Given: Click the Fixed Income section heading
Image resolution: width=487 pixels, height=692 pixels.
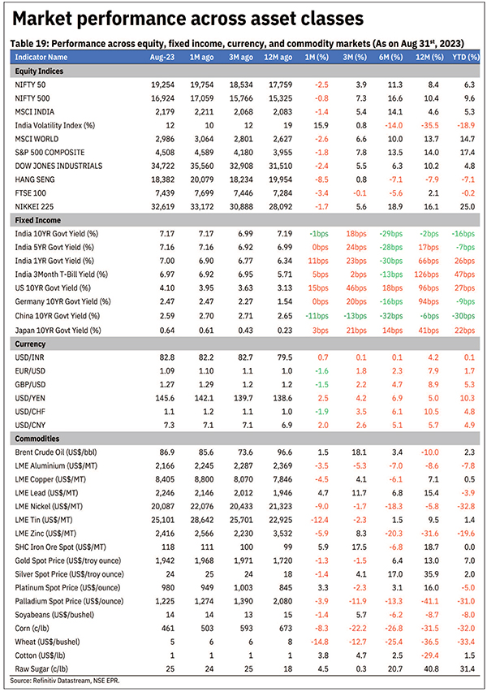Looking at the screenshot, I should pos(38,220).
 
